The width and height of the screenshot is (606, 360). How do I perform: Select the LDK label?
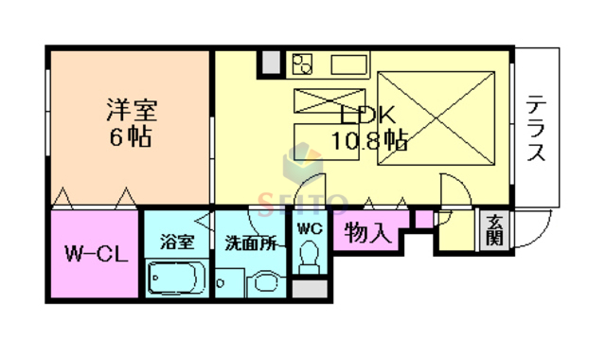tap(362, 117)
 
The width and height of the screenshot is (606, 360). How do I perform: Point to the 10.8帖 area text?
tap(369, 142)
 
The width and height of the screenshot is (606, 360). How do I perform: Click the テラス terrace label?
tap(535, 128)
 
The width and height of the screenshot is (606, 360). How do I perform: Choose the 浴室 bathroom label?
tap(177, 242)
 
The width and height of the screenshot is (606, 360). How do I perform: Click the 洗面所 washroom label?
tap(250, 243)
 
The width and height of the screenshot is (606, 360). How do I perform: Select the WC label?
tap(309, 228)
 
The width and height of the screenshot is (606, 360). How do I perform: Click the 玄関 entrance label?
tap(495, 230)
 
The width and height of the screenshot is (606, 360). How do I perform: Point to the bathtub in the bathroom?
tap(177, 278)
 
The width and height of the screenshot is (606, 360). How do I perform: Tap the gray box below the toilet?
tap(309, 288)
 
